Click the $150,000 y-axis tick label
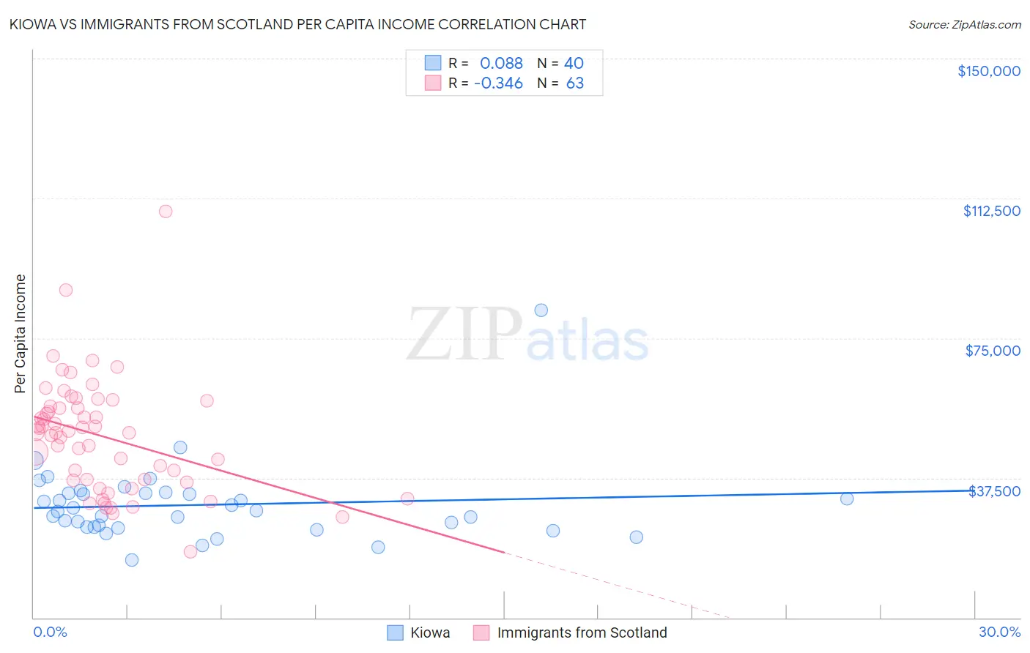pos(988,71)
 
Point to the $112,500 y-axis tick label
pos(991,211)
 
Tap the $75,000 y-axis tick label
pos(993,351)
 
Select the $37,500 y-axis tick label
pos(994,491)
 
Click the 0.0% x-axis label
pos(50,632)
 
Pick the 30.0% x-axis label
pos(999,632)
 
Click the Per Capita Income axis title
pos(21,333)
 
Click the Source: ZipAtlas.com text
pos(964,25)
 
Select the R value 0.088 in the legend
pos(501,63)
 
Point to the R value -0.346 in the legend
pos(498,83)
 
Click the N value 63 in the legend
pos(575,83)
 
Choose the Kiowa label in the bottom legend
pos(430,633)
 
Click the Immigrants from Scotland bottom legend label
pos(582,633)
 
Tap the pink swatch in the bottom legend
pos(481,633)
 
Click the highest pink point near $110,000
pos(166,212)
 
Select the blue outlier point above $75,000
pos(541,310)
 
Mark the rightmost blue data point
pos(847,499)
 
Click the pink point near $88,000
pos(66,290)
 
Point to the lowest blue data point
pos(132,560)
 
